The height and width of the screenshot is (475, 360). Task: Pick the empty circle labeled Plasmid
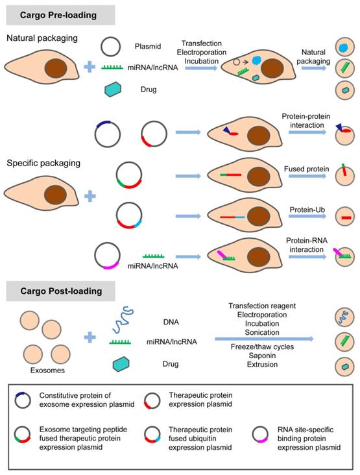[112, 46]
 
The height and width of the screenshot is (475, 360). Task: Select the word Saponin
[262, 356]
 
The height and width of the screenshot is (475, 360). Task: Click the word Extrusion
[262, 365]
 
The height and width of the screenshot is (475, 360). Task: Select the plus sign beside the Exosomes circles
[90, 339]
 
